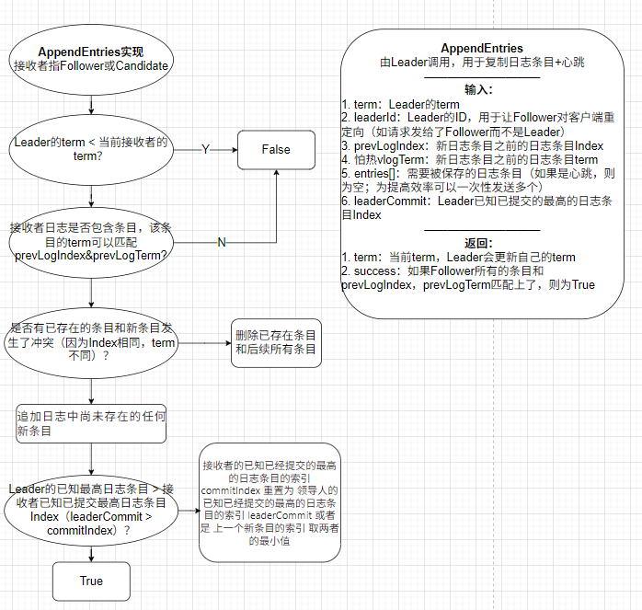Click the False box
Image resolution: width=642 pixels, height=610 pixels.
pyautogui.click(x=276, y=150)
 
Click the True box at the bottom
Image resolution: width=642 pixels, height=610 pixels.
pyautogui.click(x=91, y=581)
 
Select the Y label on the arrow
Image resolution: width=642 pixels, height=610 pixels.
pyautogui.click(x=205, y=150)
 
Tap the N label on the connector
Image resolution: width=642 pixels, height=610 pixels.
pyautogui.click(x=222, y=242)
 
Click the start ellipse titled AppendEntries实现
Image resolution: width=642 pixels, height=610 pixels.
pyautogui.click(x=91, y=59)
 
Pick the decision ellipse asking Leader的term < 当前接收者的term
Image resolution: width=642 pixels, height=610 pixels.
pyautogui.click(x=91, y=149)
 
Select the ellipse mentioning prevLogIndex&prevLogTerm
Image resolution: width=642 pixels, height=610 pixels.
pyautogui.click(x=91, y=241)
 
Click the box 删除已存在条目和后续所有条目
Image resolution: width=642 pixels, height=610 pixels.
pyautogui.click(x=276, y=342)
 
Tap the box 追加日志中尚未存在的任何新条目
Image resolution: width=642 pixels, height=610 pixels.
pyautogui.click(x=91, y=425)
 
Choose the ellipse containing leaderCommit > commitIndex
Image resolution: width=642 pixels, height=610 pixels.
pyautogui.click(x=91, y=512)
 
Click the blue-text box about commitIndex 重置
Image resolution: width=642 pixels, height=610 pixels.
pyautogui.click(x=269, y=501)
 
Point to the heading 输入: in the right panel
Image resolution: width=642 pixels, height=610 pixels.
pyautogui.click(x=478, y=89)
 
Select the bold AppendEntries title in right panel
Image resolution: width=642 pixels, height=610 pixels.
pyautogui.click(x=482, y=48)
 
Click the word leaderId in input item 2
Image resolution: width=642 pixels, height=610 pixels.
pyautogui.click(x=377, y=117)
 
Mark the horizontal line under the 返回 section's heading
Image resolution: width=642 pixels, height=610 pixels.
pyautogui.click(x=482, y=230)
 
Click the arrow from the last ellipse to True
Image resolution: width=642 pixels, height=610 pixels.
pyautogui.click(x=91, y=552)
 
